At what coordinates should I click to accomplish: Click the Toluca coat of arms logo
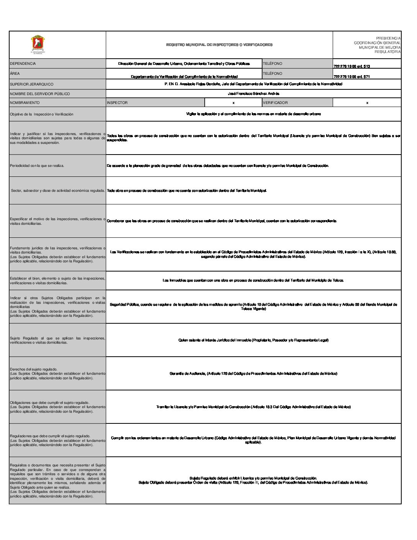tap(38, 44)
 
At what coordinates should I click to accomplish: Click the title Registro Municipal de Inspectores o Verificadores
tap(219, 45)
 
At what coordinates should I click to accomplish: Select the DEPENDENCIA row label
tap(23, 64)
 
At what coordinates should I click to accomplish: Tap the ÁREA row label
tap(15, 74)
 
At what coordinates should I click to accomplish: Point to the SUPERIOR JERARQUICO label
tap(32, 84)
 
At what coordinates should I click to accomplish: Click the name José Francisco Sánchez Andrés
tap(253, 94)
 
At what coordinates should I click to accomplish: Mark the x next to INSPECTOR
tap(233, 103)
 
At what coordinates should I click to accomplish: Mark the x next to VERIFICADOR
tap(367, 103)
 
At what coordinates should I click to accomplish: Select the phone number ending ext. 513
tap(351, 66)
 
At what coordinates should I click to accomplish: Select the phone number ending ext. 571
tap(351, 77)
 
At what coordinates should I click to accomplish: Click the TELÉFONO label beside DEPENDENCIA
tap(273, 64)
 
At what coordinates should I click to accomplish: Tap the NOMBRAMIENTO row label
tap(25, 103)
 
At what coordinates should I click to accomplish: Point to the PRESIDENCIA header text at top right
tap(388, 38)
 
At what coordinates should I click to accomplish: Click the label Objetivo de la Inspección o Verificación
tap(41, 114)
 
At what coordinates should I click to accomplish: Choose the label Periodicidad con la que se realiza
tap(37, 166)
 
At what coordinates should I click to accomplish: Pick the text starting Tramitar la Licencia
tap(253, 407)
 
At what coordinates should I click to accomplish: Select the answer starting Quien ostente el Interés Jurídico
tap(253, 340)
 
